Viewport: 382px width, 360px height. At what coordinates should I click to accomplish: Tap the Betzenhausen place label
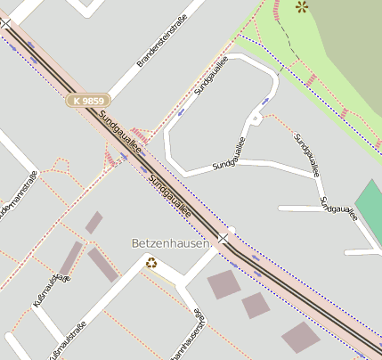tap(170, 242)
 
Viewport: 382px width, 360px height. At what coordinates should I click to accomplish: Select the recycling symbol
tap(151, 263)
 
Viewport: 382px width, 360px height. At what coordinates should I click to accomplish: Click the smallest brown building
tap(93, 222)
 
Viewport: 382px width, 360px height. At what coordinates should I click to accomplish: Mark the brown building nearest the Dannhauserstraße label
tap(256, 305)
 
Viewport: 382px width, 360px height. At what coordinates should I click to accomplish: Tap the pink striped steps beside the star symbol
tap(278, 10)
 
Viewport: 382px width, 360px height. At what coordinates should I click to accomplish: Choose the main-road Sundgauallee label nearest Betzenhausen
tap(170, 196)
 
